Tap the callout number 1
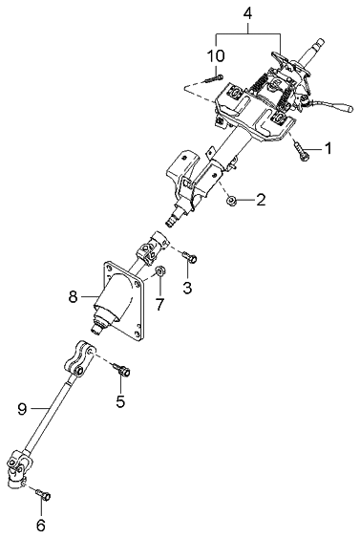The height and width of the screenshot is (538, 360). tap(328, 148)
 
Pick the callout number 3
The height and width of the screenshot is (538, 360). tap(188, 287)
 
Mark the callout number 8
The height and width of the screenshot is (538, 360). tap(73, 297)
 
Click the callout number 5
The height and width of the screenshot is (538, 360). tap(120, 401)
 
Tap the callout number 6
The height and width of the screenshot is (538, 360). tap(40, 526)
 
